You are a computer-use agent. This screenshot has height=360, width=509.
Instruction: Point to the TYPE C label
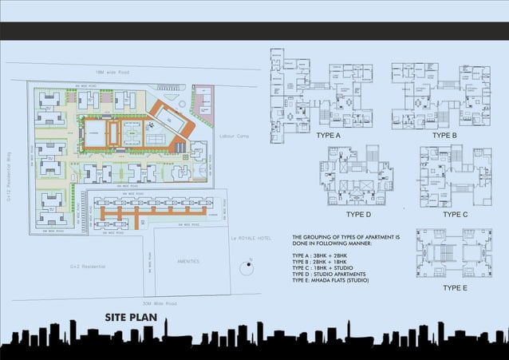(x=456, y=215)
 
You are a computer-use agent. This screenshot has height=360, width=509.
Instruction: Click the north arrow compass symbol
(x=248, y=266)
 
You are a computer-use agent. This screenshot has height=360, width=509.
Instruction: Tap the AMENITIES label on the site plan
(x=189, y=261)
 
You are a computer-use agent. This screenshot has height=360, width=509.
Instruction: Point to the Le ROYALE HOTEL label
(x=248, y=238)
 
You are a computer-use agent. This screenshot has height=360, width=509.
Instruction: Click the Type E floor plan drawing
(x=453, y=252)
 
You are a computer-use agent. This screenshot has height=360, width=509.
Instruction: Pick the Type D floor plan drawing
(x=357, y=177)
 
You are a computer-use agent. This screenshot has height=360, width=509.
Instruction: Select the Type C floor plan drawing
(x=455, y=176)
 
